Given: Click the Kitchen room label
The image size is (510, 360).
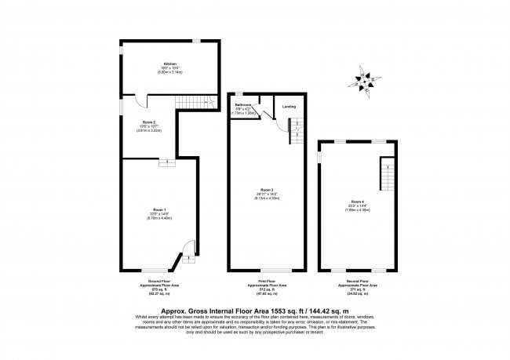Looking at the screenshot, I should [x=169, y=63].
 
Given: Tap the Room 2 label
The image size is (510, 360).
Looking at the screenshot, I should [x=150, y=122].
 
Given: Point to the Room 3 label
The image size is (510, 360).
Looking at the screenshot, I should [x=268, y=190].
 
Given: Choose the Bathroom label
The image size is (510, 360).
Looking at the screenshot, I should [x=242, y=104].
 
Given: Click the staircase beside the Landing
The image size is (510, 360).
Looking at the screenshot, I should [x=298, y=130].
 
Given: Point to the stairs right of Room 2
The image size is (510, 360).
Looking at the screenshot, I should [x=206, y=104].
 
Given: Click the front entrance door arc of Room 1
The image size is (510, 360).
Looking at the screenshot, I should [x=186, y=249].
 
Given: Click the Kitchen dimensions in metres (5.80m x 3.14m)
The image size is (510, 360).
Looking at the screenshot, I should [x=169, y=71].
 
